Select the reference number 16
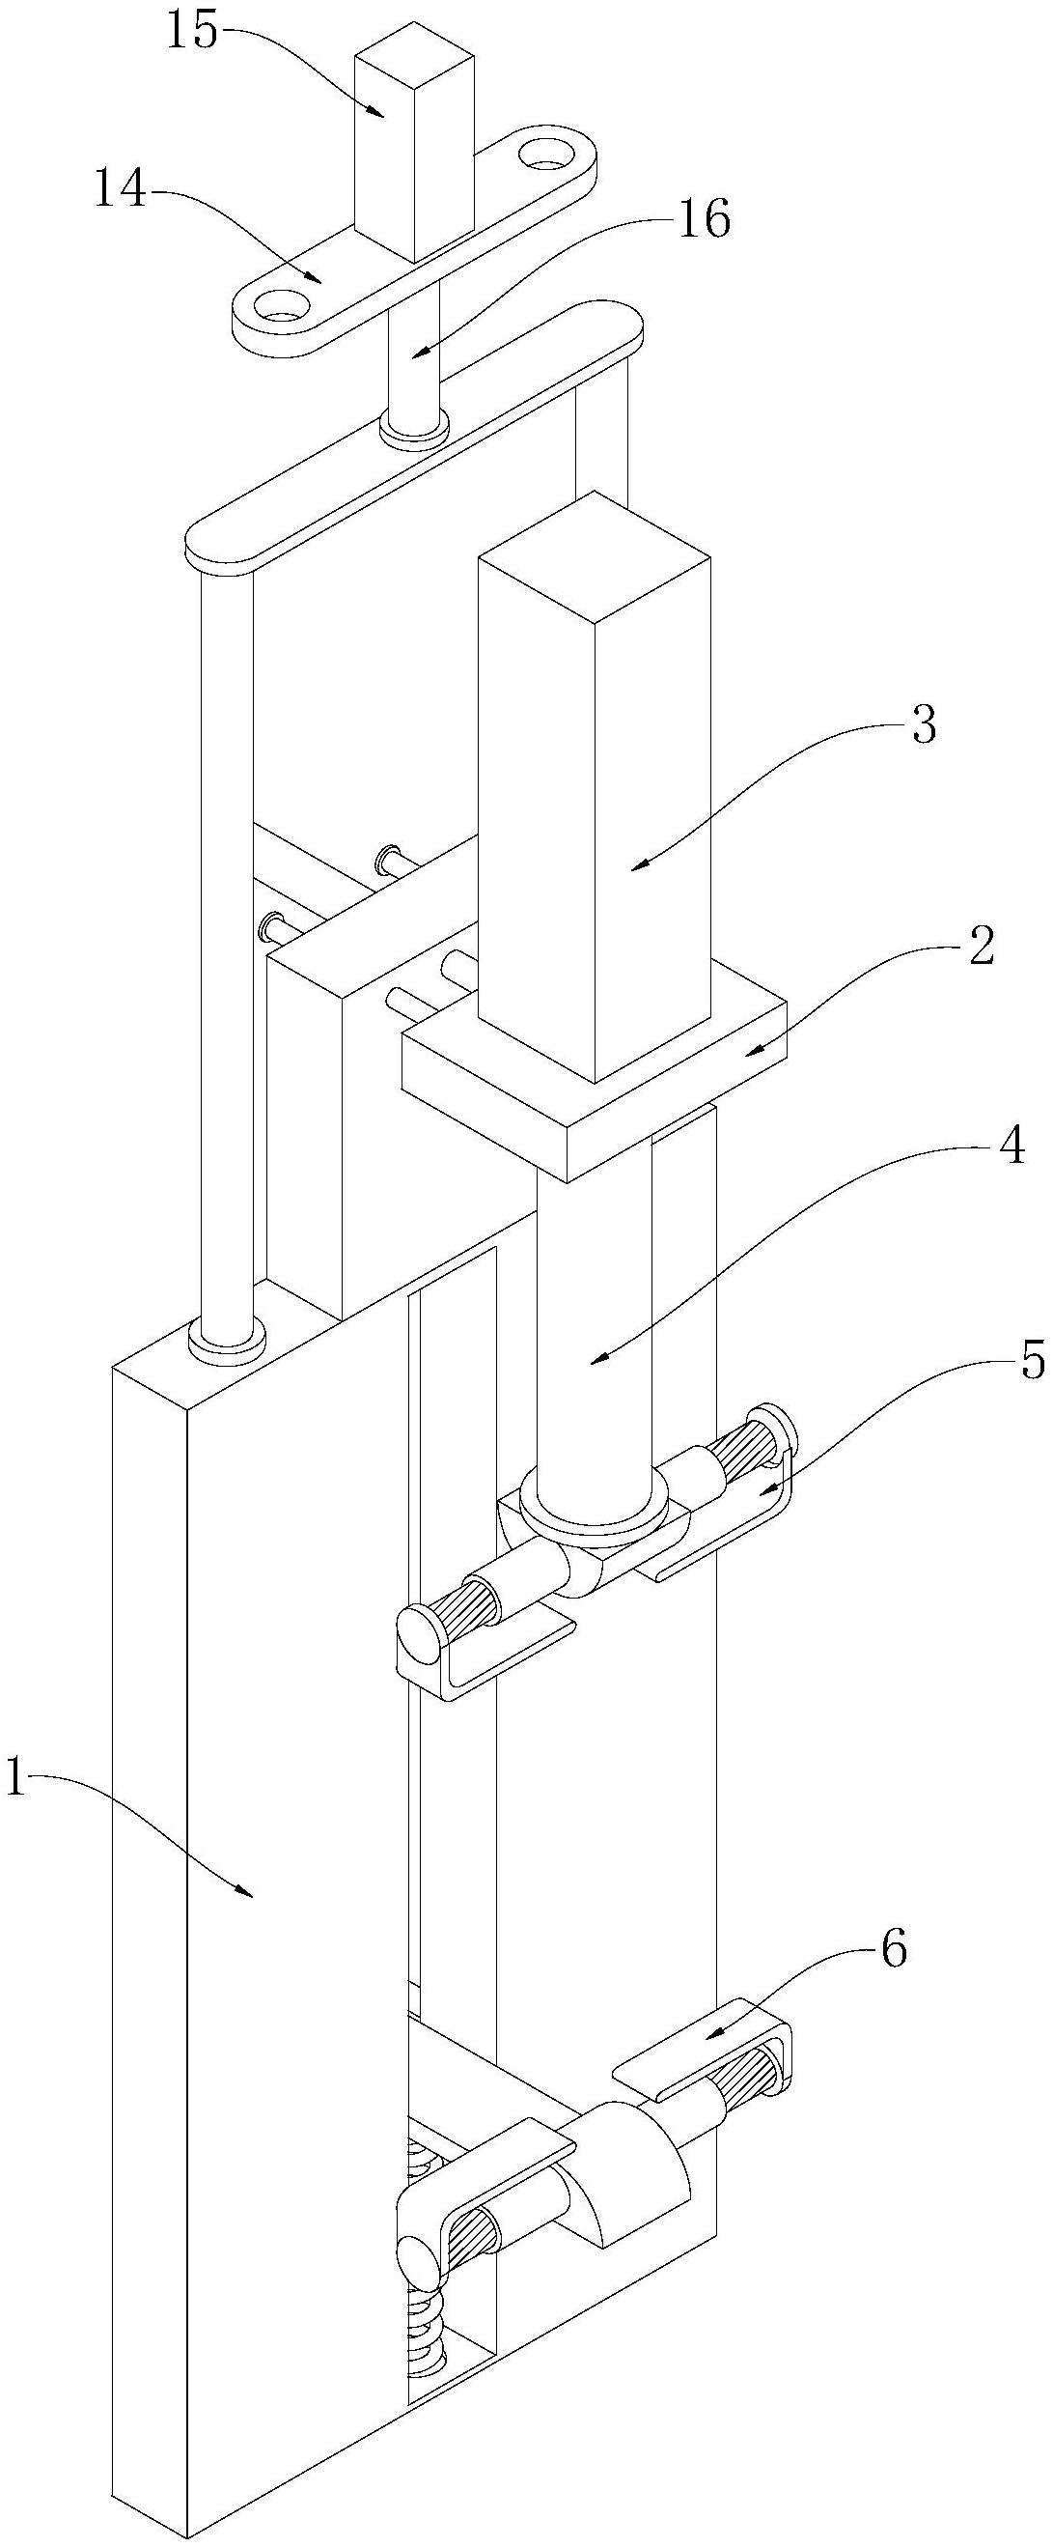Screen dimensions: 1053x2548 (703, 219)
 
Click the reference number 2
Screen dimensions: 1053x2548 (980, 948)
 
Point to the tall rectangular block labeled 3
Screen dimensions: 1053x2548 (594, 787)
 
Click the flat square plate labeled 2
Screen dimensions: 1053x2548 (594, 1078)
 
